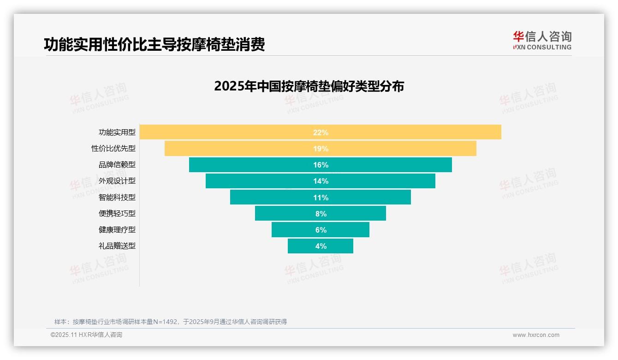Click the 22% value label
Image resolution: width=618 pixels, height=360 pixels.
tap(321, 132)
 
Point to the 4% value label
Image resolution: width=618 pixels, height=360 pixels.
tap(321, 246)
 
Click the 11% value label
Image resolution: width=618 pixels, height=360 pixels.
tap(321, 198)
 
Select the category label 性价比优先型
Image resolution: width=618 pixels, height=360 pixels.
tap(113, 149)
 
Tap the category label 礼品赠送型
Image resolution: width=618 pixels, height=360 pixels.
tap(117, 246)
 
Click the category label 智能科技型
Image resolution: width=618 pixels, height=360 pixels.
tap(117, 198)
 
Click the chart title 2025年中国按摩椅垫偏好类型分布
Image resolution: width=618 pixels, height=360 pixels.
tap(309, 86)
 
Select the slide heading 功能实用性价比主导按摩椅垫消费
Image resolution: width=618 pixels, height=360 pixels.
tap(154, 44)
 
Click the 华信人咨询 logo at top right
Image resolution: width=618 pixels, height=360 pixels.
tap(542, 40)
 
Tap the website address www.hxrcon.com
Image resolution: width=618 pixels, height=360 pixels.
tap(536, 335)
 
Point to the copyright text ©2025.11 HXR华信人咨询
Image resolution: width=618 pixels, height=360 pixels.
tap(86, 335)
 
